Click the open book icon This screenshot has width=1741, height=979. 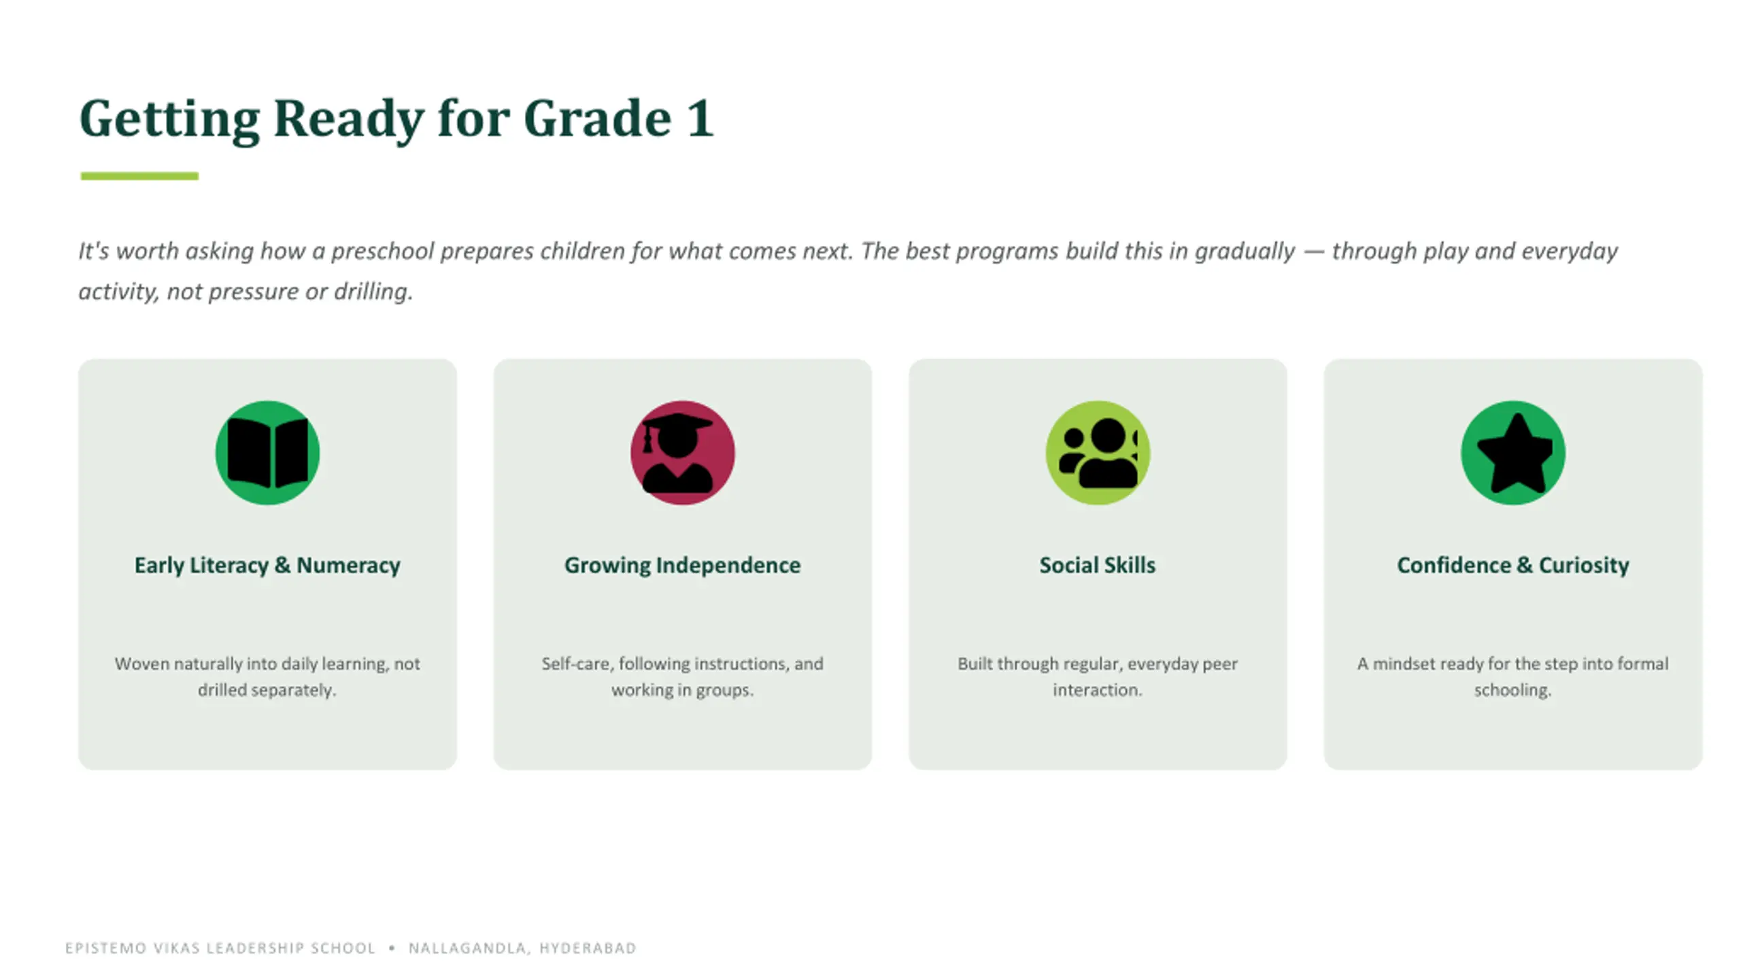click(x=267, y=453)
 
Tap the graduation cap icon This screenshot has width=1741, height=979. click(x=677, y=453)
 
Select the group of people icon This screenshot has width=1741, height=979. click(x=1098, y=453)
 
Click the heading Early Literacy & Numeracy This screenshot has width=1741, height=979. click(x=267, y=565)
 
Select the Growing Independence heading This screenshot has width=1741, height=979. click(x=682, y=565)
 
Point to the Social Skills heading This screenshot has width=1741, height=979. click(x=1098, y=565)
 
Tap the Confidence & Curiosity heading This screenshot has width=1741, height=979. click(x=1513, y=565)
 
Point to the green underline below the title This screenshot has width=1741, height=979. click(x=139, y=176)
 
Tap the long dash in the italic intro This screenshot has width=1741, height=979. click(x=1314, y=252)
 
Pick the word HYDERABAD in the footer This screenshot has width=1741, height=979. click(x=588, y=948)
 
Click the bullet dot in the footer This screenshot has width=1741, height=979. click(x=392, y=948)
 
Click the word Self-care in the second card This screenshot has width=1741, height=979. click(x=575, y=664)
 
